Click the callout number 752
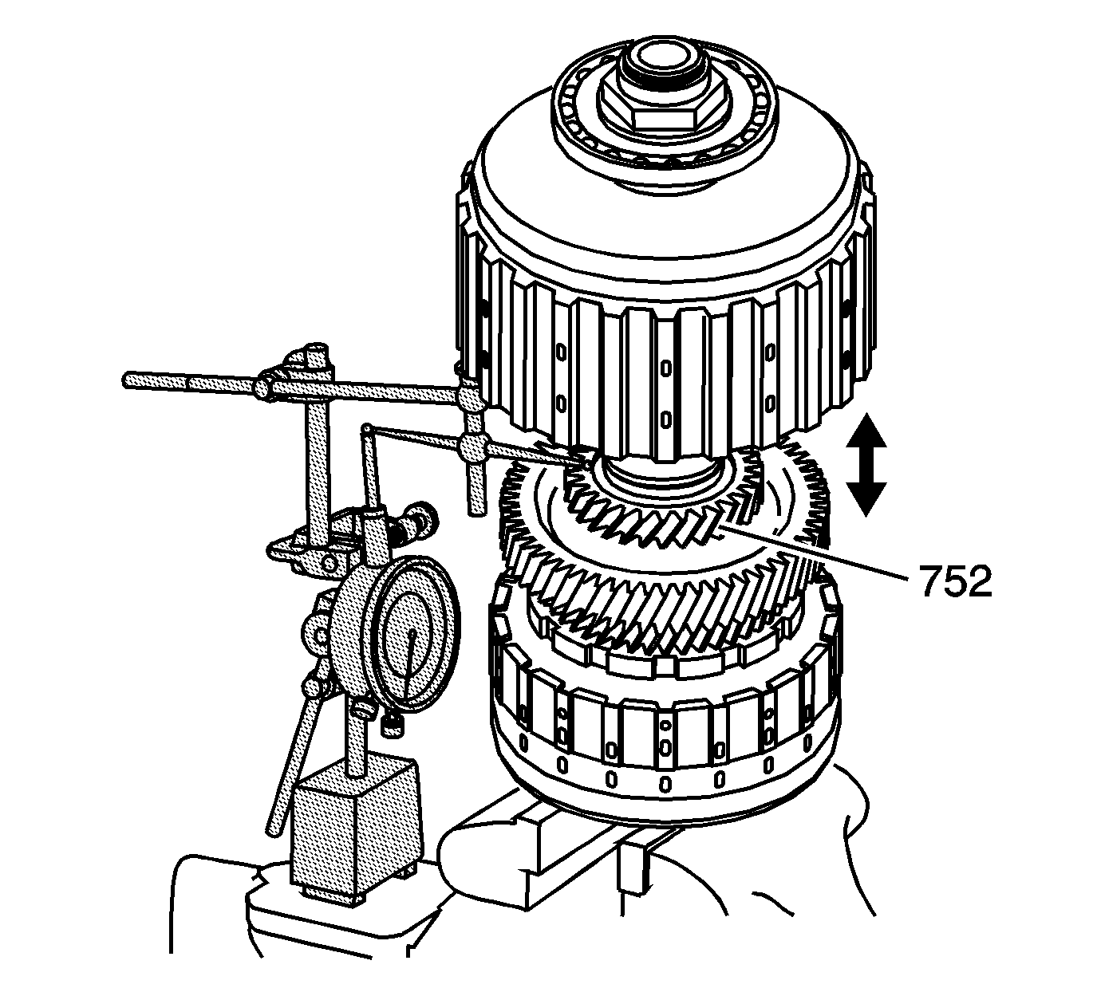click(954, 583)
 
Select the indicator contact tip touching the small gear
click(581, 462)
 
